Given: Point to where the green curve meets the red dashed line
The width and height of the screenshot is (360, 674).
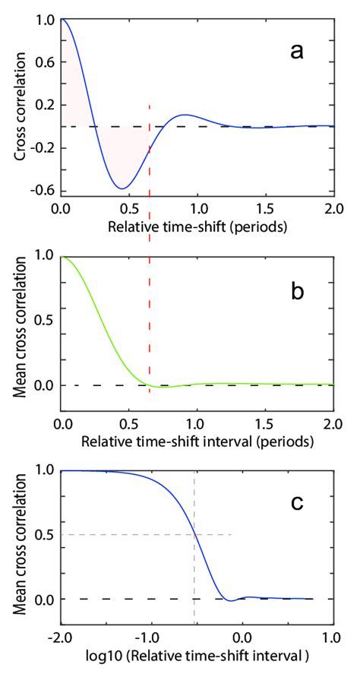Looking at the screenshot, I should [150, 384].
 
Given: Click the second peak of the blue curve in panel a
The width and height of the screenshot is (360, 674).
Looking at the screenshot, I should [183, 115].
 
